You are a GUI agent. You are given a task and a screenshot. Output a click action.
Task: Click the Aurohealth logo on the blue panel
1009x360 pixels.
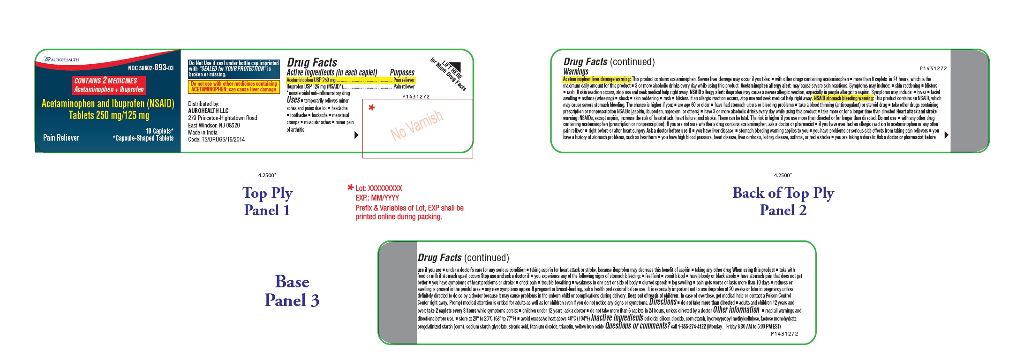pos(61,60)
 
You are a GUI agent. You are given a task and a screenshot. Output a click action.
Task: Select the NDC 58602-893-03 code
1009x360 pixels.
pos(151,68)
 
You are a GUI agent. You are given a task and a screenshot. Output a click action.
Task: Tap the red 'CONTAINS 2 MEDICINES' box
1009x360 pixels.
pos(109,85)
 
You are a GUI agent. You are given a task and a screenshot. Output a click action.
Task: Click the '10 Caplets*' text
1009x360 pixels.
pos(159,131)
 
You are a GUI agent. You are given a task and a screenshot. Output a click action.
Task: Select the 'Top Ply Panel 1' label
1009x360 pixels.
pos(267,201)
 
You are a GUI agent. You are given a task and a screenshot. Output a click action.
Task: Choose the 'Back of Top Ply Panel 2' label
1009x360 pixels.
pos(783,201)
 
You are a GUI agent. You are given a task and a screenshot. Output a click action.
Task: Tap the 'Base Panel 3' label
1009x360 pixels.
pos(292,291)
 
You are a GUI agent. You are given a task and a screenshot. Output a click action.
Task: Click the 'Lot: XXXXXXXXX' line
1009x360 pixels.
pos(378,188)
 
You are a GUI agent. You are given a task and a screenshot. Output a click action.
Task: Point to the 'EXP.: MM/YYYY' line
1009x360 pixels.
pos(377,198)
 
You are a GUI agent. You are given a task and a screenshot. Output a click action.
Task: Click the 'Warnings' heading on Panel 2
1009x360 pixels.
pos(576,72)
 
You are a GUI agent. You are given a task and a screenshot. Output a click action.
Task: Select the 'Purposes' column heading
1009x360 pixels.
pos(402,73)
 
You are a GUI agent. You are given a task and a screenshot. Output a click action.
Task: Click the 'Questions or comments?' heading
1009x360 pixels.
pos(637,326)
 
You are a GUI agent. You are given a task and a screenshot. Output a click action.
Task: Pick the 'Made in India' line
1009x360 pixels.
pos(203,132)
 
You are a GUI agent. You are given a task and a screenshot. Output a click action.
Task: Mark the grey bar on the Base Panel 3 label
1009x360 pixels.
pos(398,293)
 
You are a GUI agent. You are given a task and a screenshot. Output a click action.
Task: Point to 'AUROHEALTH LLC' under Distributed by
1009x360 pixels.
pos(208,111)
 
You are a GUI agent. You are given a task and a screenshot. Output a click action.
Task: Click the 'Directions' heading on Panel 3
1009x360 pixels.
pos(663,302)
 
